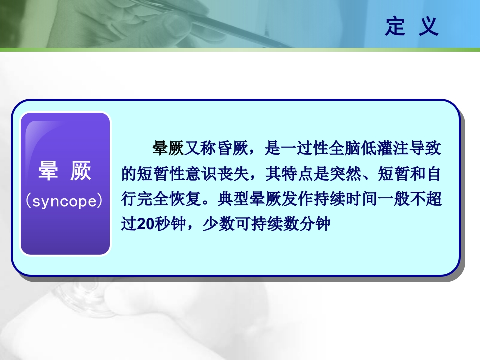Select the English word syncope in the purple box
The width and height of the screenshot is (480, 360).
point(65,201)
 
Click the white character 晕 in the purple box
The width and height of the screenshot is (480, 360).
point(47,172)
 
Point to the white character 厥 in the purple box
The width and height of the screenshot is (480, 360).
point(81,172)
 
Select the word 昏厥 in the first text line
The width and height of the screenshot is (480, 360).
point(234,148)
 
